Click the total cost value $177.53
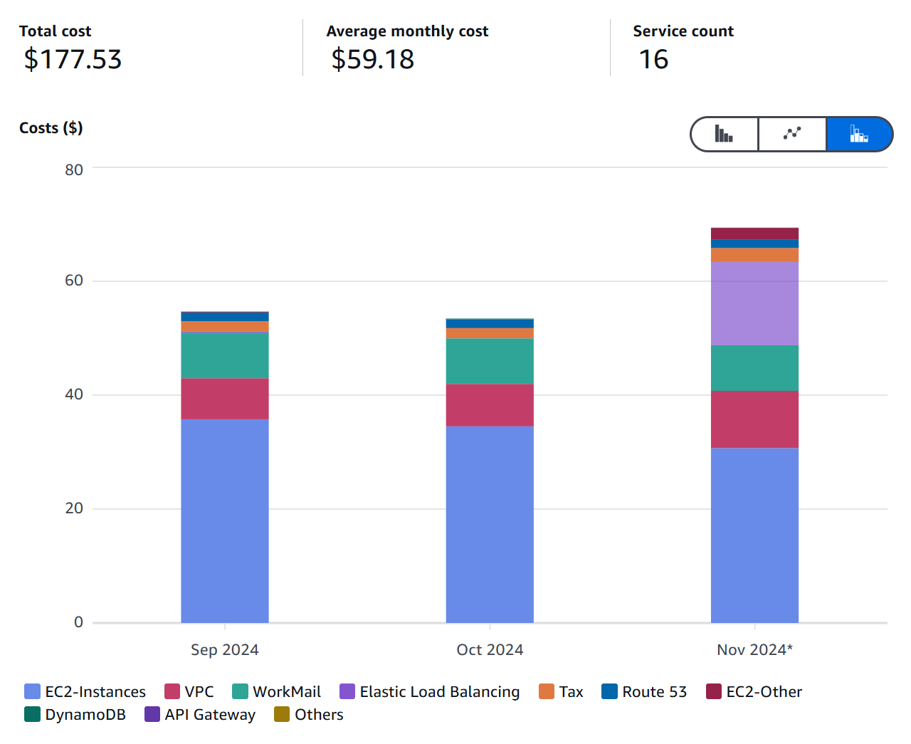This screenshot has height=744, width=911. click(73, 59)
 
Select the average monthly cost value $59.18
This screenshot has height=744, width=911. click(372, 59)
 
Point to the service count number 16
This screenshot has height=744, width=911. click(653, 59)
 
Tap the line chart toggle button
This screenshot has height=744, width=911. click(792, 134)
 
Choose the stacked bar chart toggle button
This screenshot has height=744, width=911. click(858, 134)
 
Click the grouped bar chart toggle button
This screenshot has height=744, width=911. click(725, 134)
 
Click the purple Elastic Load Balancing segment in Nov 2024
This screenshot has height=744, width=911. click(754, 303)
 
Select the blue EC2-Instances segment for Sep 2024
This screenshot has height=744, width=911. click(225, 520)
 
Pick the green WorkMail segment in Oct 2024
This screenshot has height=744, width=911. click(490, 361)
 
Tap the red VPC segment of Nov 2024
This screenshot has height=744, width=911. click(754, 419)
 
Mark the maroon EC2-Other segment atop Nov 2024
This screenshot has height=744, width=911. click(754, 234)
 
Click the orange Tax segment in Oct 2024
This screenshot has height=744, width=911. click(490, 333)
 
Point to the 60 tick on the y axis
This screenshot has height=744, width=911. click(74, 281)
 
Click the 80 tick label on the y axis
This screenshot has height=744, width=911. click(74, 169)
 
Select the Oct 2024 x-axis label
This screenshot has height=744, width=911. click(490, 649)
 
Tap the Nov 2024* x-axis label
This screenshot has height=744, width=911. click(754, 649)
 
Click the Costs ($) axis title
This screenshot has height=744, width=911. click(51, 128)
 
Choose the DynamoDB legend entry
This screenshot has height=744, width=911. click(75, 714)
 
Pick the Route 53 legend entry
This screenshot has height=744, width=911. click(645, 691)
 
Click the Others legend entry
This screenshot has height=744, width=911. click(309, 714)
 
